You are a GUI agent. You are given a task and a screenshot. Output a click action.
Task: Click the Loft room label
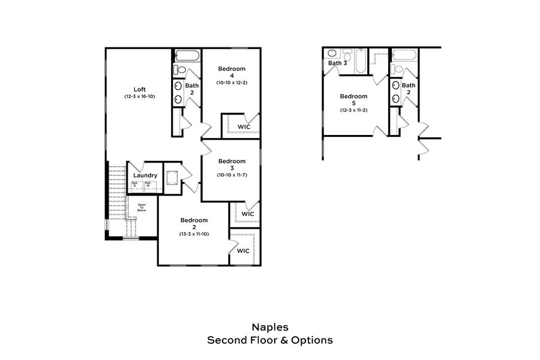(139, 89)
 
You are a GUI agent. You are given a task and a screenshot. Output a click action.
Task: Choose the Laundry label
(145, 175)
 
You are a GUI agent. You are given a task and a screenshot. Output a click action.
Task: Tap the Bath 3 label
(338, 63)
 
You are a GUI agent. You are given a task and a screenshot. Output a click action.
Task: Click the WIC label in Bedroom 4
(244, 127)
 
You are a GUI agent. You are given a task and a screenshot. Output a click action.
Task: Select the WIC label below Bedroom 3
(248, 214)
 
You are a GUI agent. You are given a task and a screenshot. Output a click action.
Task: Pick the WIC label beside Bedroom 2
(243, 251)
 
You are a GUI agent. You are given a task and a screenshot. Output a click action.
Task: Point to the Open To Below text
(142, 208)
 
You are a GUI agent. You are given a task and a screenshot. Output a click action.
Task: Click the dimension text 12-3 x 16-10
(139, 96)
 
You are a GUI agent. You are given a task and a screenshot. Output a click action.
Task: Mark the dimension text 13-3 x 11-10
(194, 233)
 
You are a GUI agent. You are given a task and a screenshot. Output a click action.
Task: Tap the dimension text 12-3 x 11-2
(353, 110)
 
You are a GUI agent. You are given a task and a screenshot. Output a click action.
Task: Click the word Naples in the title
(269, 328)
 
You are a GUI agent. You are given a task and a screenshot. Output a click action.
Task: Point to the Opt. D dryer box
(136, 186)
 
